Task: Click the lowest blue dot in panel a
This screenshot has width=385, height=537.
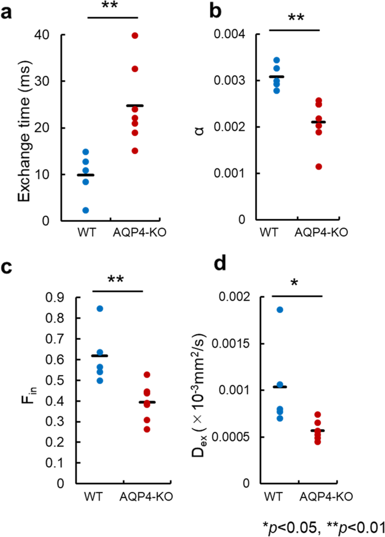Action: click(x=85, y=210)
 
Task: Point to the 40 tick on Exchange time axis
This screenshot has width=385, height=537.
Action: click(x=49, y=35)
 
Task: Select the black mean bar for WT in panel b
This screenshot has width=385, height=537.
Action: click(x=276, y=76)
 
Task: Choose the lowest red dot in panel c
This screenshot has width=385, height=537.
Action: click(x=147, y=429)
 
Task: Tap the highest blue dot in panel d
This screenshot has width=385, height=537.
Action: click(x=280, y=310)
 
